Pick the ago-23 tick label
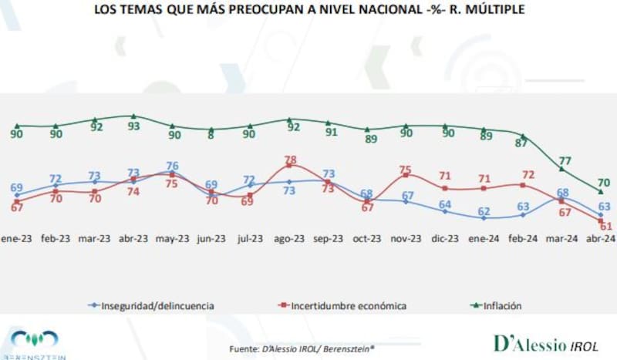(x=288, y=239)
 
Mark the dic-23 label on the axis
(x=444, y=239)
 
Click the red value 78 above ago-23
(x=290, y=160)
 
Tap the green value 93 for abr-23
(x=134, y=126)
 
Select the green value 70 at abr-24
(x=604, y=183)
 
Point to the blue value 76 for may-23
(x=173, y=166)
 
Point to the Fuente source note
(x=302, y=348)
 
